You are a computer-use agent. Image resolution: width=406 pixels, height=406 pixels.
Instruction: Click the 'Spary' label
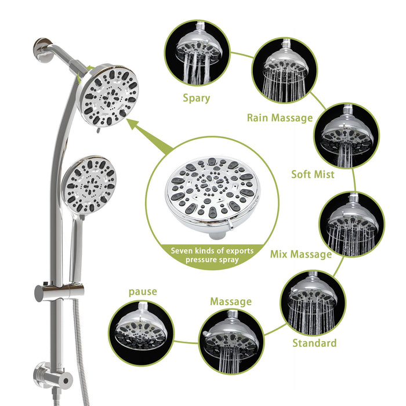pos(197,99)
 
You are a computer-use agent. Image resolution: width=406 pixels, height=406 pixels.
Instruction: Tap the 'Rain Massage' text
pos(280,118)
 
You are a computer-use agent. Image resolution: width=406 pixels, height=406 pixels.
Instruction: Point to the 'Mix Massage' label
pos(301,254)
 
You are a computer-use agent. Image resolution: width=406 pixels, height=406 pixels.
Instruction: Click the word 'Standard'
pos(314,343)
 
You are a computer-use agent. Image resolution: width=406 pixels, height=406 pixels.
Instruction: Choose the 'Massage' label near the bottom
pos(230,302)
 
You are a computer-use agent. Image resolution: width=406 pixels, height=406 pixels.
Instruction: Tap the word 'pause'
pos(143,291)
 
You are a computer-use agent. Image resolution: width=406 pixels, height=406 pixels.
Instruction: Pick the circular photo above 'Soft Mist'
pos(346,136)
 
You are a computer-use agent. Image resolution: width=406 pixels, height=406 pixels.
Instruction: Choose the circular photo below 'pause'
pos(142,333)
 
